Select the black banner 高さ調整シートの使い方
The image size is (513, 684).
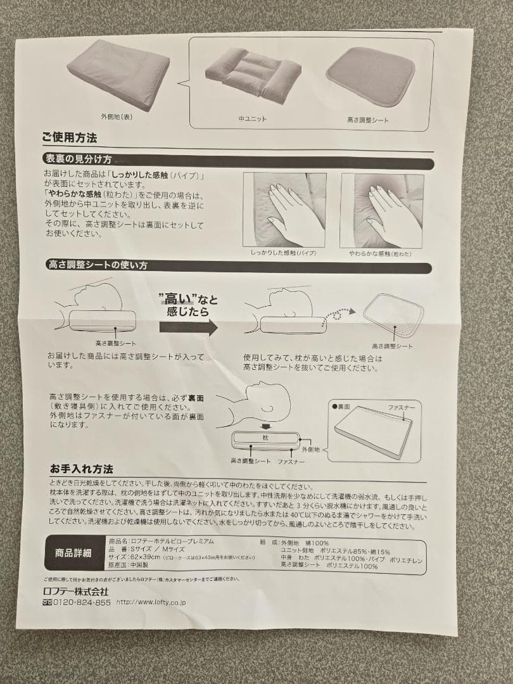pyautogui.click(x=98, y=265)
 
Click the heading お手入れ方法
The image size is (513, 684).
pyautogui.click(x=82, y=469)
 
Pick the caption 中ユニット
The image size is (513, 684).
pyautogui.click(x=252, y=119)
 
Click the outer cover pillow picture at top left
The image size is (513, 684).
pyautogui.click(x=118, y=74)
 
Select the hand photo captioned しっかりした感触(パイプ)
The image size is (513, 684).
pyautogui.click(x=284, y=210)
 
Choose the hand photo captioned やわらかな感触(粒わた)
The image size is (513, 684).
pyautogui.click(x=381, y=210)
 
